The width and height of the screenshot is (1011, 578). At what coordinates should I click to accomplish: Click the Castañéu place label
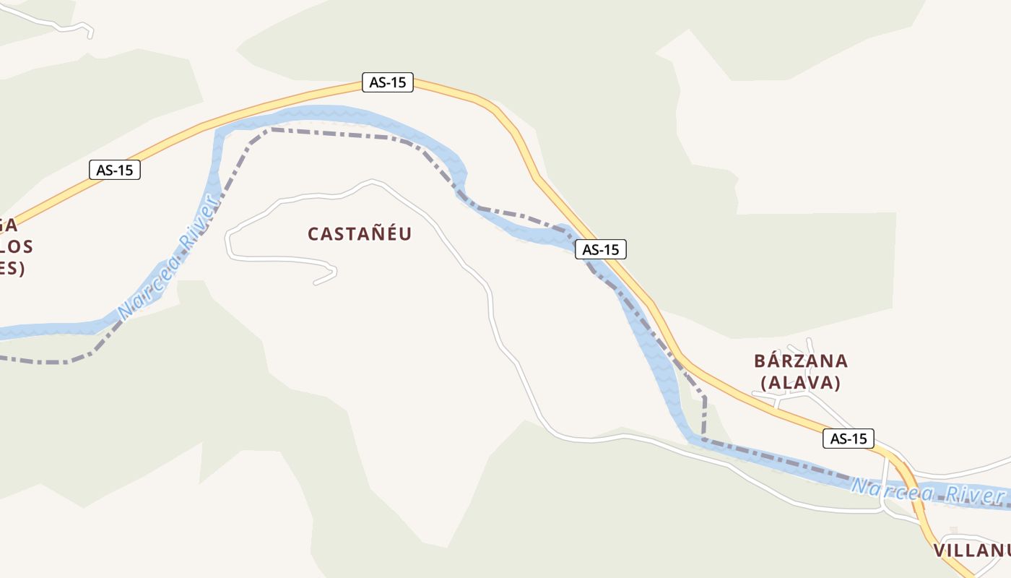click(x=360, y=233)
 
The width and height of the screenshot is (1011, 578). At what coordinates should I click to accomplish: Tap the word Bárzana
click(x=801, y=361)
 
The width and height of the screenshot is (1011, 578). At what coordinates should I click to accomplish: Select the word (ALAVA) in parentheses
click(x=801, y=383)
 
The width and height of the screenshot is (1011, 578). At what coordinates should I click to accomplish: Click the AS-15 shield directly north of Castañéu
click(x=388, y=82)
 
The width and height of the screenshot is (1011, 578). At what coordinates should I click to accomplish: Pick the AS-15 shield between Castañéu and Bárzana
click(x=601, y=249)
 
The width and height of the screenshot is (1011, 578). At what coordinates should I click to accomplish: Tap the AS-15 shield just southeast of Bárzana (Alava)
click(x=848, y=438)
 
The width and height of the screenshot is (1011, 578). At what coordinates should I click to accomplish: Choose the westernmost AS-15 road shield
click(x=114, y=171)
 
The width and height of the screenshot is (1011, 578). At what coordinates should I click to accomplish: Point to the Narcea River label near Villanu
click(x=928, y=491)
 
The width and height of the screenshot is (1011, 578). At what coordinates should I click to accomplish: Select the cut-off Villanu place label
click(x=971, y=551)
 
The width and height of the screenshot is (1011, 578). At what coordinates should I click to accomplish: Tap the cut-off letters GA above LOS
click(x=9, y=225)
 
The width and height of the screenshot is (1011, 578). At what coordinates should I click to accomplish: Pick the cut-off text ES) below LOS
click(x=12, y=269)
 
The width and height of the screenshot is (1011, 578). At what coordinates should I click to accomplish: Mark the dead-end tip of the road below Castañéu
click(x=316, y=282)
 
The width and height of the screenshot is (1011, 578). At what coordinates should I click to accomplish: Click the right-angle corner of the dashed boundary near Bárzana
click(x=705, y=397)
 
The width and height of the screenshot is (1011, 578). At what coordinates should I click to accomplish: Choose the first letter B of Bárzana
click(x=760, y=361)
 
